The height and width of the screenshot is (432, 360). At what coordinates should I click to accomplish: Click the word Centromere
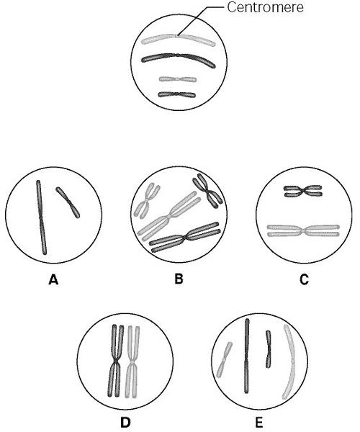(265, 7)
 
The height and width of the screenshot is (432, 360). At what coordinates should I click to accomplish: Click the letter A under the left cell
(53, 280)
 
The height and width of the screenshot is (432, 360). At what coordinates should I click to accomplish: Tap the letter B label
(179, 279)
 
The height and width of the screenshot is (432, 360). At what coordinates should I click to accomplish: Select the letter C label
(304, 279)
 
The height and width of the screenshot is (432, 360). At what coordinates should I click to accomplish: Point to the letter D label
(125, 423)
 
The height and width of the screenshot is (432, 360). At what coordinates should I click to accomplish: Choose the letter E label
(259, 423)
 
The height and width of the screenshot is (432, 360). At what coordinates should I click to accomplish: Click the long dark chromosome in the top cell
(178, 56)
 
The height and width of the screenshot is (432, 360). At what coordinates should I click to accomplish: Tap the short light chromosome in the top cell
(178, 79)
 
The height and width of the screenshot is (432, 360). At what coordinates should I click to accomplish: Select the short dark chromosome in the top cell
(177, 94)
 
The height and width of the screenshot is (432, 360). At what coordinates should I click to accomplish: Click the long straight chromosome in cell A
(41, 217)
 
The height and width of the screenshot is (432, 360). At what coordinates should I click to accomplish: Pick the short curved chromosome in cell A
(68, 202)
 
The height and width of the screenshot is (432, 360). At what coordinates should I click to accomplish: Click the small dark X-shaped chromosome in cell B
(207, 191)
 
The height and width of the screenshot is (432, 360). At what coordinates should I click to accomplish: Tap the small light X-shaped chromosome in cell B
(147, 201)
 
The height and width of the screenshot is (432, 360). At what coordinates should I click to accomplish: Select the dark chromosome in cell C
(302, 191)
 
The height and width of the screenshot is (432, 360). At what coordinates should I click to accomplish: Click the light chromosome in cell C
(303, 231)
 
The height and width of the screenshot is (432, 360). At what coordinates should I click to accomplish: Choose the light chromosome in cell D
(132, 361)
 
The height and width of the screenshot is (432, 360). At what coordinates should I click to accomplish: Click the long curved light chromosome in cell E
(292, 361)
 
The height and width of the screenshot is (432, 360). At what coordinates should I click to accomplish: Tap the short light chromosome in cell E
(225, 359)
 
